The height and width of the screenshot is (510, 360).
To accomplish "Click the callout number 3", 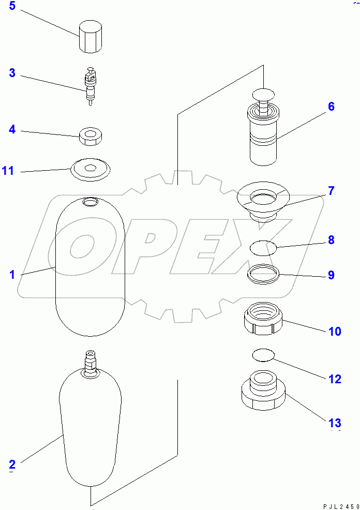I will (x=12, y=73).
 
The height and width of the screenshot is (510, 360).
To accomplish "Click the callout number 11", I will (x=8, y=170).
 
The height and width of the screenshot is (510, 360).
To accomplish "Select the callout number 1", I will (x=12, y=275).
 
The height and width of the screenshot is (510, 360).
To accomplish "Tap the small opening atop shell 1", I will (x=90, y=201).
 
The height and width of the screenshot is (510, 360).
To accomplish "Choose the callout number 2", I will (x=12, y=463).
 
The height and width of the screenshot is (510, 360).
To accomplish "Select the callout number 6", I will (x=331, y=107).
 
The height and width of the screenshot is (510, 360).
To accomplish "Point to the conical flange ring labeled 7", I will (x=264, y=200).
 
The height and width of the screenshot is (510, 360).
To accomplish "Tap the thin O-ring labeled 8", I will (x=263, y=248).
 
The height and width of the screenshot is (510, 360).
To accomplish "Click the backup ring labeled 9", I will (x=263, y=275).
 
